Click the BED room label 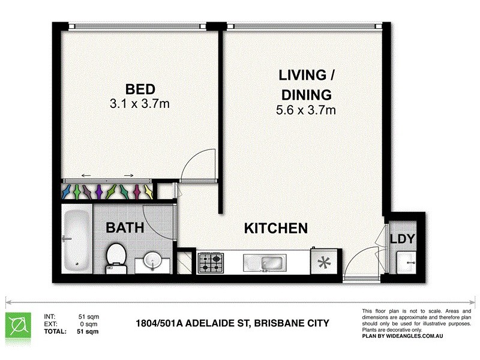click(x=139, y=89)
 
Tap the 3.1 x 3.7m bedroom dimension click(x=139, y=103)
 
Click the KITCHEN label click(x=275, y=228)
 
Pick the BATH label click(x=125, y=228)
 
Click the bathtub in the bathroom click(x=76, y=239)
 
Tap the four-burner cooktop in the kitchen click(x=212, y=263)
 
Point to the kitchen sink click(x=265, y=263)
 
